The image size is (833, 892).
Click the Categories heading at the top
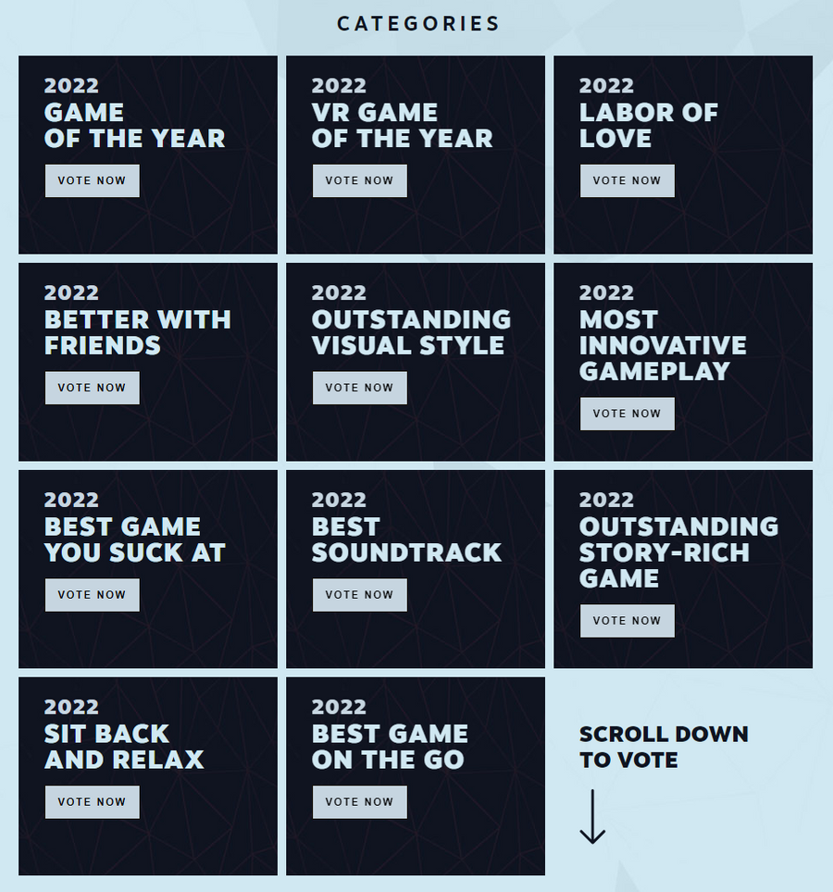coord(418,24)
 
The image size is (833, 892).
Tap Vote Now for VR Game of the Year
coord(359,180)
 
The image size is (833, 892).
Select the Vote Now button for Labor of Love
coord(627,180)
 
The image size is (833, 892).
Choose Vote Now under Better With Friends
coord(92,388)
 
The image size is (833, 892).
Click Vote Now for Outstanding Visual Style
coord(359,388)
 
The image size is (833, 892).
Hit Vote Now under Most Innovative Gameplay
coord(627,414)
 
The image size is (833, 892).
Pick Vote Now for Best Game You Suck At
coord(92,595)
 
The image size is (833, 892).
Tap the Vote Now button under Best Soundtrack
coord(359,595)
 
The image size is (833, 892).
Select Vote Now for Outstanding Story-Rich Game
coord(627,621)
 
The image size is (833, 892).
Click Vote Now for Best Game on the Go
coord(359,802)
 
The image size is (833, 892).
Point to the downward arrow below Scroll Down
coord(592,816)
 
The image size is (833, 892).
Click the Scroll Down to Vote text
coord(663,747)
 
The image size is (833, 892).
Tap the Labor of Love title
coord(648,126)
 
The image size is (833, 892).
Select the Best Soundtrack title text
coord(406,540)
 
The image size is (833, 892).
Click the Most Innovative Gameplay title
coord(662,345)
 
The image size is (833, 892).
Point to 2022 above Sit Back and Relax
coord(71,707)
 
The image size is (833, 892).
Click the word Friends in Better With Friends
coord(103,346)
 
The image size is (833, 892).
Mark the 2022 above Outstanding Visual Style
coord(339,292)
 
